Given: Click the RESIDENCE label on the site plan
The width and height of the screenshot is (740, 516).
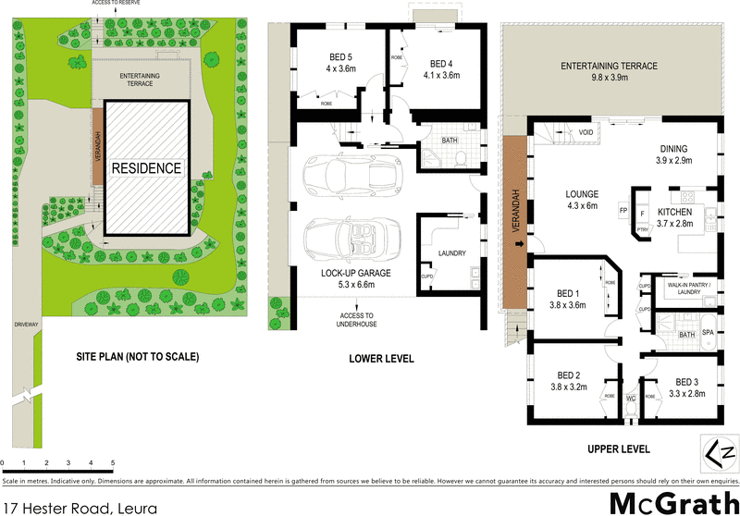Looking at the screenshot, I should click(x=147, y=168).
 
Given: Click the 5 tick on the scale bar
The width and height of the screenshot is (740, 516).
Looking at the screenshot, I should click(x=113, y=462).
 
